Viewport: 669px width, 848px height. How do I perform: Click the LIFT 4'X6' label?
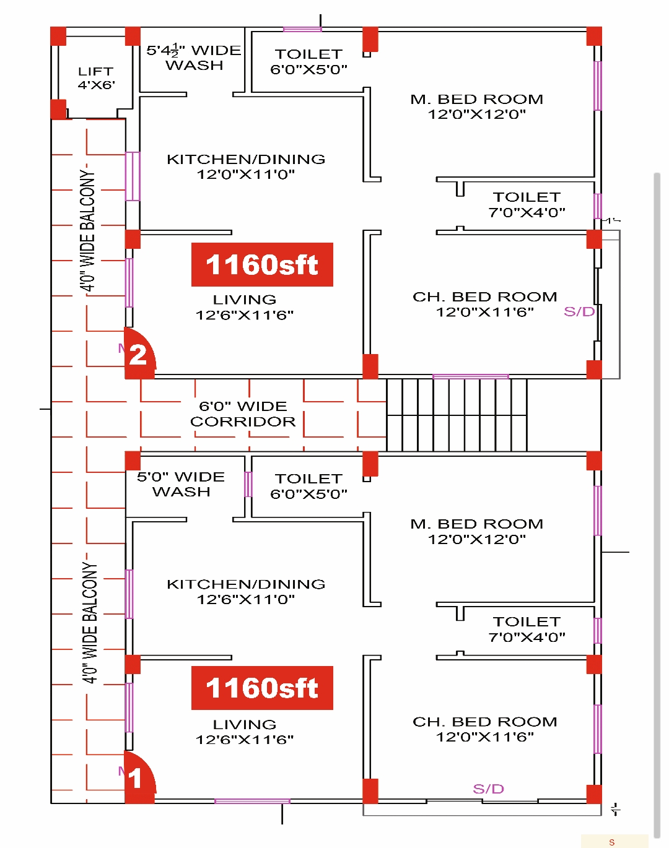96,78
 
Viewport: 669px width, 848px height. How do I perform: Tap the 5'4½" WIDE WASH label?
194,58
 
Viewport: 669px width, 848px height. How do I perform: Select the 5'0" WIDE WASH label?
181,484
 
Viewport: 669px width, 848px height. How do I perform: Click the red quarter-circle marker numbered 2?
139,353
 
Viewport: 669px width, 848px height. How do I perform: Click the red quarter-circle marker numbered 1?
139,778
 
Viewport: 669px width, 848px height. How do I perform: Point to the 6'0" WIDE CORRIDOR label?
243,413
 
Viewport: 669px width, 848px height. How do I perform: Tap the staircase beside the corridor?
457,415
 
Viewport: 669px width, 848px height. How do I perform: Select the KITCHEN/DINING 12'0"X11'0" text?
246,167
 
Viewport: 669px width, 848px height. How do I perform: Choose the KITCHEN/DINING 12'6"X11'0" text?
246,592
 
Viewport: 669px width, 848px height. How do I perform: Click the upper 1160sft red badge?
262,264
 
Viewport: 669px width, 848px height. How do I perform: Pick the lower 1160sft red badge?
262,688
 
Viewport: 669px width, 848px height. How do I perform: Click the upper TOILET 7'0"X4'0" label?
527,204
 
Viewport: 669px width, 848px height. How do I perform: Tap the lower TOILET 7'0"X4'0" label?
527,630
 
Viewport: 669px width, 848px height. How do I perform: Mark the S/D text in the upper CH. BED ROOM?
579,312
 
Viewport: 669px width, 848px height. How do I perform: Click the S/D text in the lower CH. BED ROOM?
488,789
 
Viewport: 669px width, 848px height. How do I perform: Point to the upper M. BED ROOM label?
477,106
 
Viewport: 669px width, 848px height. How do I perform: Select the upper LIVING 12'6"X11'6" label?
245,308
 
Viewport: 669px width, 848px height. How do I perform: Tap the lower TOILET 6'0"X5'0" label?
308,486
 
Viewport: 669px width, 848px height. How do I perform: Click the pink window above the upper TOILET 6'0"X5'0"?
302,29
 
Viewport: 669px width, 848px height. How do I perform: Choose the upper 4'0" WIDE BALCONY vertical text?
87,230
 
